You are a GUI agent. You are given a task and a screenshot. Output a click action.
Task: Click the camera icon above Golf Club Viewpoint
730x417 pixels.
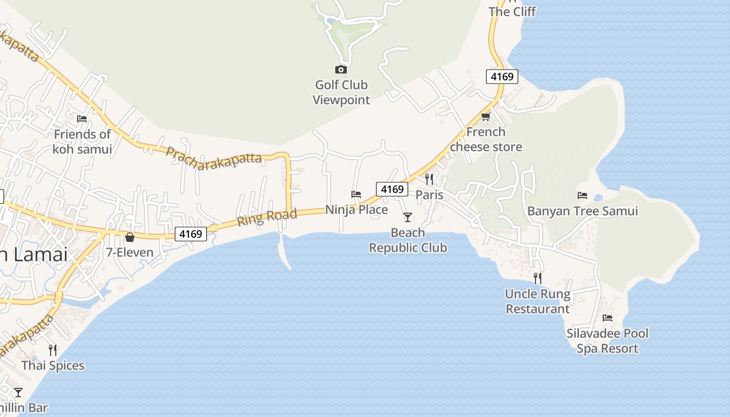click(340, 69)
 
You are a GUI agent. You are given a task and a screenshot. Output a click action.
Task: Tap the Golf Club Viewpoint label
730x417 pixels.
click(341, 92)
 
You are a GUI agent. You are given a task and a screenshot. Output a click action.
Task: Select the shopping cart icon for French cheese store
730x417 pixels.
click(486, 116)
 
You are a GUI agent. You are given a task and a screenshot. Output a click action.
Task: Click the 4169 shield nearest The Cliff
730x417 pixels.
click(502, 77)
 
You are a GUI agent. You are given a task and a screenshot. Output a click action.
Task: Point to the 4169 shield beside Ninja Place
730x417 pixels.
click(392, 189)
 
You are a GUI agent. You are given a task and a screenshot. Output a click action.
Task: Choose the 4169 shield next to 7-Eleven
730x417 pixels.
click(190, 234)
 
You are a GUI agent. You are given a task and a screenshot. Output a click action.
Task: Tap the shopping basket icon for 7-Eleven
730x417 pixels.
click(130, 238)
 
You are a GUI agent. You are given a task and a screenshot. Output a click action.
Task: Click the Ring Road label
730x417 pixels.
click(267, 217)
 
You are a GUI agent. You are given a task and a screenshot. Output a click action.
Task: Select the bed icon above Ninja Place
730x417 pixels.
click(356, 194)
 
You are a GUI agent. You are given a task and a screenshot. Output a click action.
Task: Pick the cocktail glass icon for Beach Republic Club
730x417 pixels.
click(408, 217)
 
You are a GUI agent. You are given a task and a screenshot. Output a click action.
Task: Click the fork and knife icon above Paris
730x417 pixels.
click(429, 179)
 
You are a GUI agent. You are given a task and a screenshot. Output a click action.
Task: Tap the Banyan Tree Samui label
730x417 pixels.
click(582, 211)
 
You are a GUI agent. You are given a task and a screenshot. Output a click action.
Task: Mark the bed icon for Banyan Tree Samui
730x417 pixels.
click(582, 195)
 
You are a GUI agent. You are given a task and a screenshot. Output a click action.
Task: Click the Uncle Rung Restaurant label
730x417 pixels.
click(538, 301)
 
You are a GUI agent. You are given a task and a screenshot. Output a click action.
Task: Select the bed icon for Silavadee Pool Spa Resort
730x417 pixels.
click(607, 318)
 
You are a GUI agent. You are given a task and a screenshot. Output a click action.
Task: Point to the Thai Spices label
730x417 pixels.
click(53, 365)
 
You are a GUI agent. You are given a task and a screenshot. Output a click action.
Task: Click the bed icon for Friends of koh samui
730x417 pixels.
click(82, 119)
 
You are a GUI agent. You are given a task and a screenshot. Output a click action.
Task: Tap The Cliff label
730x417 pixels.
click(512, 11)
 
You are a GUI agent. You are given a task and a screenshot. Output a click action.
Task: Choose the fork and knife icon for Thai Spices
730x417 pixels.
click(53, 350)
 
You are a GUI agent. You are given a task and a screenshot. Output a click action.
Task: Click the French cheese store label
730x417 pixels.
click(486, 139)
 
